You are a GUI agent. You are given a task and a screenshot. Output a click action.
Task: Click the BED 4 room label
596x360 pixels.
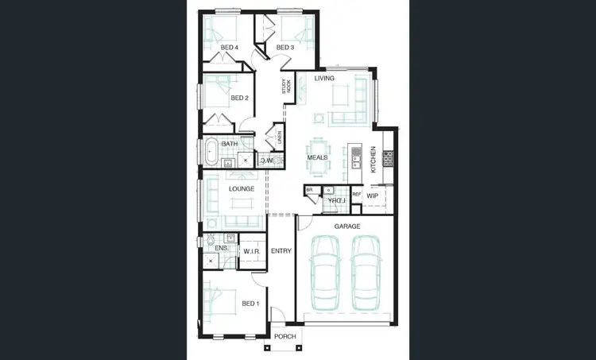230,48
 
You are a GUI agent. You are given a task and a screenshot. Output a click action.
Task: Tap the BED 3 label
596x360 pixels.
285,48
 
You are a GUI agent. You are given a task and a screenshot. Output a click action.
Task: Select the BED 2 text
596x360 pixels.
240,99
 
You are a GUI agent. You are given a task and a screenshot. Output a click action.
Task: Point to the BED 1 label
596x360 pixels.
250,304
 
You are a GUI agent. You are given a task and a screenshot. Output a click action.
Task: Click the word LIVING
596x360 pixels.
324,79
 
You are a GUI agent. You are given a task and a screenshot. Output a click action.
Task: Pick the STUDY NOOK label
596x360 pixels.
286,87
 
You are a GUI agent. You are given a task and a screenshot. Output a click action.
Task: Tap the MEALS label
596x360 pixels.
318,158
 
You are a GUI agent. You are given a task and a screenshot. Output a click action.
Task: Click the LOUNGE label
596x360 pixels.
241,189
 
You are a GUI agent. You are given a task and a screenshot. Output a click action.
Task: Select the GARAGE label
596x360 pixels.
346,226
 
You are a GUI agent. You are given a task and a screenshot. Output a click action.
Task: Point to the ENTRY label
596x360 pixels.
281,252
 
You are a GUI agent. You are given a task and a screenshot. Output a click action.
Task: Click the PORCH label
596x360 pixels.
284,337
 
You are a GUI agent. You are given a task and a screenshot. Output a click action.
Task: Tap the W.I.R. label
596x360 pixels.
253,252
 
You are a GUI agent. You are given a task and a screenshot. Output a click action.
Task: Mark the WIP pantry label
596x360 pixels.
372,195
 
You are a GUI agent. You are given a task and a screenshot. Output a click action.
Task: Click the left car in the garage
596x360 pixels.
326,274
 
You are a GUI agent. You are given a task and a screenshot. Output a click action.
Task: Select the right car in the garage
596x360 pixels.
366,274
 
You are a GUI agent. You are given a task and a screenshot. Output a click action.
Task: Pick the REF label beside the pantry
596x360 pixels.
357,195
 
